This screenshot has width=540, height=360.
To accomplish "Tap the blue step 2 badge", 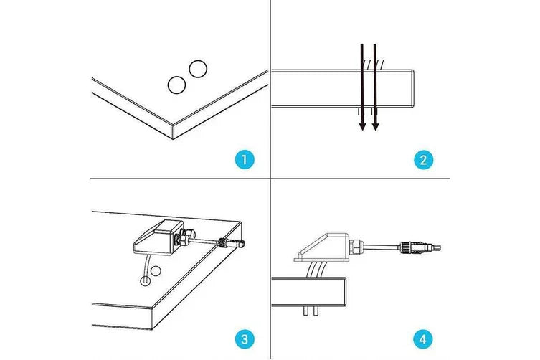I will coord(424,159).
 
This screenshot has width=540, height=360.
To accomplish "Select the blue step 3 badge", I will coord(245,338).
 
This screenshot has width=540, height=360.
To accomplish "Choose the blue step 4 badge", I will coord(424,338).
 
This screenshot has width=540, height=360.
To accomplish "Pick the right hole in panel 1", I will coord(197,69).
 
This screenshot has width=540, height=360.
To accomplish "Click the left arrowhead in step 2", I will coord(363,126).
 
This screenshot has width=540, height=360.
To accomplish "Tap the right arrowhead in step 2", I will coord(375,126).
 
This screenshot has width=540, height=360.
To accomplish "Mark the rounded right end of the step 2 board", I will coord(415,88).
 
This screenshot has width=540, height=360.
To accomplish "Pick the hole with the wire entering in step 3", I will coord(146,280).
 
